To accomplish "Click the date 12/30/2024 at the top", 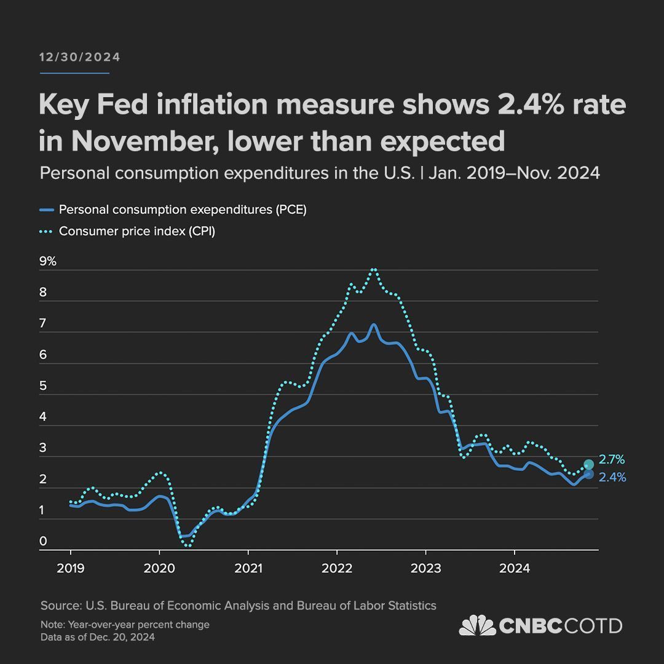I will click(80, 57).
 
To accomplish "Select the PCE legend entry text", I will click(182, 210).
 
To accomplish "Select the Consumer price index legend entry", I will click(136, 232).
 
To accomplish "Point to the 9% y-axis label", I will click(48, 261).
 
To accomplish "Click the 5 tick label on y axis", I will click(43, 386).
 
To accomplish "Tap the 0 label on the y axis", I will click(43, 541).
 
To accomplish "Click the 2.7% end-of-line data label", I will click(612, 459).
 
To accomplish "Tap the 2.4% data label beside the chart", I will click(612, 476).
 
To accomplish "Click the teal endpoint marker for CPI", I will click(588, 465).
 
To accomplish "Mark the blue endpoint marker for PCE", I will click(588, 475).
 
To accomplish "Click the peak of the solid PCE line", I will click(373, 324).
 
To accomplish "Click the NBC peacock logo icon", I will click(478, 626).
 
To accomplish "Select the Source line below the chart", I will click(239, 606).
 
